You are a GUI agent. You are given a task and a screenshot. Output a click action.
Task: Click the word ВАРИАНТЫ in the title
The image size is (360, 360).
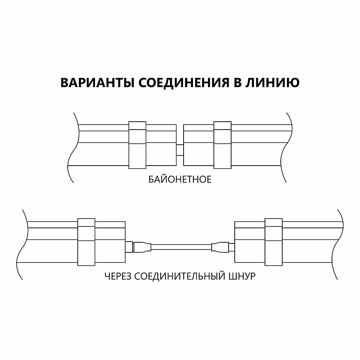(96, 82)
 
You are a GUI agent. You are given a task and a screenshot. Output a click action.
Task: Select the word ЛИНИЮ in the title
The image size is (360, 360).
(272, 82)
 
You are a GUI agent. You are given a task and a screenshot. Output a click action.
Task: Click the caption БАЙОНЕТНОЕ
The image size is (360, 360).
(180, 179)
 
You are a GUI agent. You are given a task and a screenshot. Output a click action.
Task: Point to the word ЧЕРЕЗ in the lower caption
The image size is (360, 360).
(117, 277)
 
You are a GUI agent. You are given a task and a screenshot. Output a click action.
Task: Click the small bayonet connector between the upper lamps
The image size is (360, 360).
(180, 150)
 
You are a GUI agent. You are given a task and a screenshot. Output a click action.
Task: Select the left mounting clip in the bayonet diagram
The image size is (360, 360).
(138, 145)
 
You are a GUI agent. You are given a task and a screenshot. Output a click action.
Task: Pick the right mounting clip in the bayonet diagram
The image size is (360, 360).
(222, 145)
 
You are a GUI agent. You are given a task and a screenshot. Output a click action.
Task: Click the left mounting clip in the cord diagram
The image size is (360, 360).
(86, 242)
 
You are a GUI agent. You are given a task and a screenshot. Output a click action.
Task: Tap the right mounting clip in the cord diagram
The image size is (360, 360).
(273, 242)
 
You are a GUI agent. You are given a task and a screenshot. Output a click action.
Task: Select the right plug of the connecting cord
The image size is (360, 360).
(220, 247)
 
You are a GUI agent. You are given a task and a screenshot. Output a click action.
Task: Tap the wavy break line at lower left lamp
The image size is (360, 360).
(24, 245)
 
